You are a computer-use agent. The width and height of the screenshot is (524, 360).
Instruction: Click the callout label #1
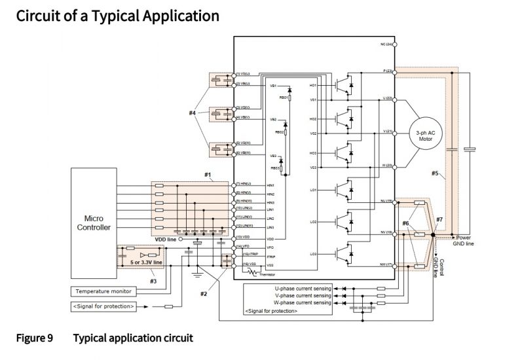click(x=207, y=175)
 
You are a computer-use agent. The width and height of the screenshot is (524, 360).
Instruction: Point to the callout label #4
click(x=193, y=113)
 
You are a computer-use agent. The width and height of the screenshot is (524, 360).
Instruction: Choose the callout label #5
click(x=435, y=173)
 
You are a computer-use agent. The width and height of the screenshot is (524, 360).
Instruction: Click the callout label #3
click(x=153, y=281)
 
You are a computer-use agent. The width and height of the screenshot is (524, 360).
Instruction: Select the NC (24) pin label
click(x=386, y=44)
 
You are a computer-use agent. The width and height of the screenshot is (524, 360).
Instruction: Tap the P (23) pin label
click(x=386, y=70)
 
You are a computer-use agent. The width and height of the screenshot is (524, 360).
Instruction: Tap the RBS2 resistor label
click(x=280, y=132)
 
